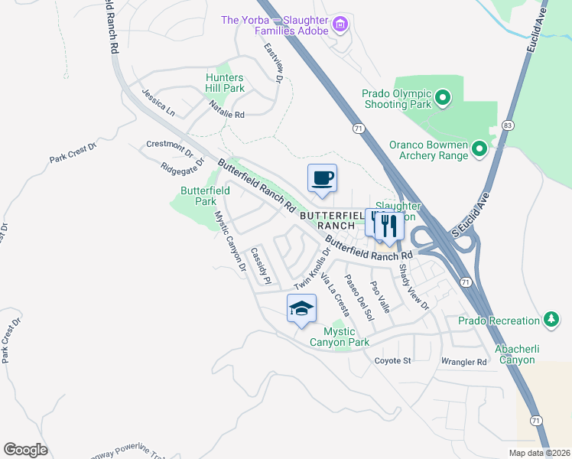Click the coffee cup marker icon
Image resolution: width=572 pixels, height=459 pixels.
[x=322, y=178]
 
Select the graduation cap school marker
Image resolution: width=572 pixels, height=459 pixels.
[x=301, y=308]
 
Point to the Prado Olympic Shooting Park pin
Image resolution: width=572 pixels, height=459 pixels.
[x=444, y=98]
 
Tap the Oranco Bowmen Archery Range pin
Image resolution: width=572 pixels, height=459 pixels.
[x=479, y=148]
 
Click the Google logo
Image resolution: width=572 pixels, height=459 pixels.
[x=25, y=449]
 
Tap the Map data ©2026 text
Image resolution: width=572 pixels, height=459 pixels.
[x=538, y=453]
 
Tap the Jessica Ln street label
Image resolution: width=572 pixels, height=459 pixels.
[x=158, y=102]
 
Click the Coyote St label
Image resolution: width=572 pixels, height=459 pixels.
[x=392, y=360]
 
